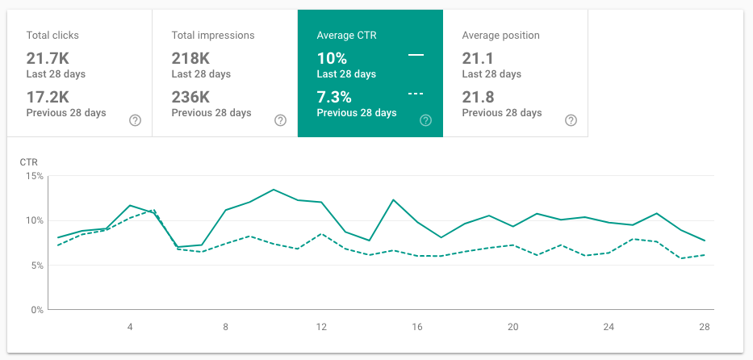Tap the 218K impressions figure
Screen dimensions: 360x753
pos(191,59)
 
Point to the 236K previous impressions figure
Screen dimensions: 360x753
pos(191,97)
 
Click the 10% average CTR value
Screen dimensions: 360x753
pos(332,59)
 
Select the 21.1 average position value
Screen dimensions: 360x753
pos(477,59)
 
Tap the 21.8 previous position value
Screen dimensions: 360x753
pos(477,97)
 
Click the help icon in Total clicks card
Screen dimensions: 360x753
pos(136,120)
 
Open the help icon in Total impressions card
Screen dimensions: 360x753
pos(280,120)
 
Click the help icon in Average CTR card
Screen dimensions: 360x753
pos(425,120)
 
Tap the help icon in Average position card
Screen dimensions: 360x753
pos(571,120)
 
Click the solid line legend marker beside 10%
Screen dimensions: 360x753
pos(416,55)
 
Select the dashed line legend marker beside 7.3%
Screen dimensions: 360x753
pos(416,94)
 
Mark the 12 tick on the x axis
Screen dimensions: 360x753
pos(321,327)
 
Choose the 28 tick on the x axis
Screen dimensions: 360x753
pos(705,327)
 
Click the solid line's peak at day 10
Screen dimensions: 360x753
pos(274,190)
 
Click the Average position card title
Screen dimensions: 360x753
pos(500,36)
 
